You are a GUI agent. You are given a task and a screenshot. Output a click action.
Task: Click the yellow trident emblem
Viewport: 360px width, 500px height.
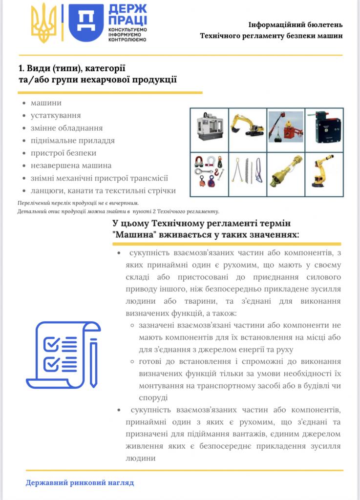pyautogui.click(x=43, y=23)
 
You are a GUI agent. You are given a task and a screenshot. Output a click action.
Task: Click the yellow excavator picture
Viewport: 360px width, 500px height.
pyautogui.click(x=247, y=127)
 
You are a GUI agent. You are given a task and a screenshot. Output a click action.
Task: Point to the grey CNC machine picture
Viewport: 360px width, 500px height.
pyautogui.click(x=209, y=128)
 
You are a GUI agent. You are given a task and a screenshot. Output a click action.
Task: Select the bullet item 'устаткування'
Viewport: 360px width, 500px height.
pyautogui.click(x=56, y=116)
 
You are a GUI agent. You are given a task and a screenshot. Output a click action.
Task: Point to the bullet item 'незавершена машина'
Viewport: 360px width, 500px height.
pyautogui.click(x=71, y=166)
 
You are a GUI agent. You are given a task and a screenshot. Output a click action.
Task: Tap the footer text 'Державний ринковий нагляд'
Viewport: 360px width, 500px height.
pyautogui.click(x=80, y=483)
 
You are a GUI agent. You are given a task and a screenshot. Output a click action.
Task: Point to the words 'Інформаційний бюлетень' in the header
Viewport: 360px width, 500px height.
pyautogui.click(x=296, y=24)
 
